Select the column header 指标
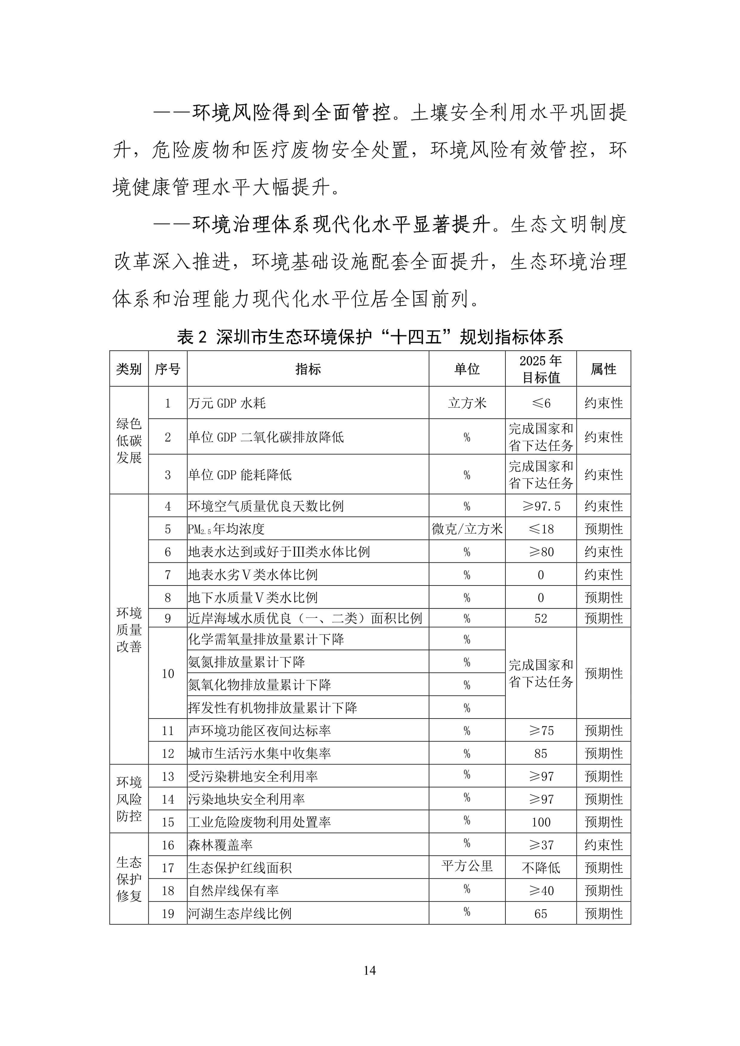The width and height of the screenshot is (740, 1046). pyautogui.click(x=308, y=369)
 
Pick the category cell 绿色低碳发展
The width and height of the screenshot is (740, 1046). pyautogui.click(x=129, y=441)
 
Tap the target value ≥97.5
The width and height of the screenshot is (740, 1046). pyautogui.click(x=541, y=506)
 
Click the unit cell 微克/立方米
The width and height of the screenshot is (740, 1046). pyautogui.click(x=467, y=529)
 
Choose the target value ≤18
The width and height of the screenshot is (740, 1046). pyautogui.click(x=541, y=529)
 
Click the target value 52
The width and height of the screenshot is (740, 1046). pyautogui.click(x=541, y=618)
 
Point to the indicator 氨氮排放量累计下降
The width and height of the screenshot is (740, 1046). pyautogui.click(x=246, y=662)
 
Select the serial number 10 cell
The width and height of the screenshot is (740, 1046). pyautogui.click(x=168, y=673)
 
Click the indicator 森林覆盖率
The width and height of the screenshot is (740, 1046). pyautogui.click(x=221, y=845)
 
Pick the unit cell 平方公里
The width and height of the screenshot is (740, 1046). pyautogui.click(x=467, y=866)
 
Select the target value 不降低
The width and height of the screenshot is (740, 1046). pyautogui.click(x=541, y=868)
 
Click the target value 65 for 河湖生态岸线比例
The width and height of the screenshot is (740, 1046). pyautogui.click(x=541, y=914)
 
